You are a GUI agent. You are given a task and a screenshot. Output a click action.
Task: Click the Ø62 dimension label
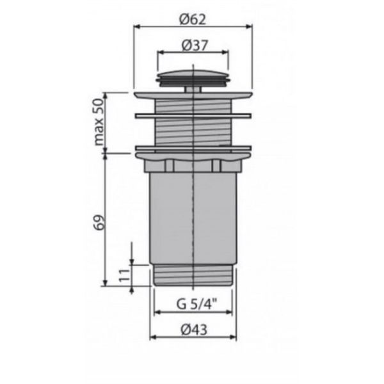click(193, 20)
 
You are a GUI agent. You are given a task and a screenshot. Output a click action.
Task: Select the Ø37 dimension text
click(195, 45)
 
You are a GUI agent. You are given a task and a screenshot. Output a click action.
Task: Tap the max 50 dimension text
click(99, 122)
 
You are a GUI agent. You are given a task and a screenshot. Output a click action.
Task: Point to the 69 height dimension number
click(100, 222)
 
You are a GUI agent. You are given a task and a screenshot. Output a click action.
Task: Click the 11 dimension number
click(124, 275)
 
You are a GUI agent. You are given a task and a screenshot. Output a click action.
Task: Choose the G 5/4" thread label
click(197, 304)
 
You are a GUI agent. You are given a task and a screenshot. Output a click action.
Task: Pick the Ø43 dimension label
click(194, 330)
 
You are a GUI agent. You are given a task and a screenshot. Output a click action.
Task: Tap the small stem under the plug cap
click(193, 89)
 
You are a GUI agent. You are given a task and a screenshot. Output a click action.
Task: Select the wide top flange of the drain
click(193, 95)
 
